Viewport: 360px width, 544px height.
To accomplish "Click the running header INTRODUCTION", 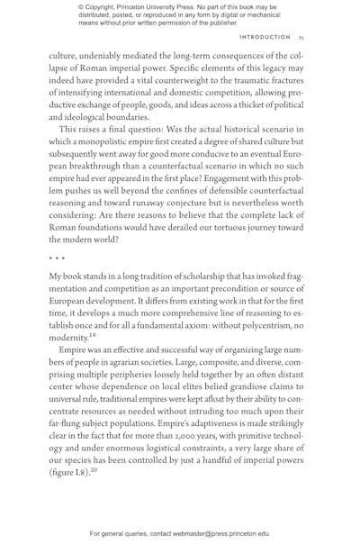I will [265, 38].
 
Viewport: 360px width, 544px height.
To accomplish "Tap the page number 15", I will [301, 38].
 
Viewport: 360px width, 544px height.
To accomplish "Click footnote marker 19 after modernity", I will [91, 303].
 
